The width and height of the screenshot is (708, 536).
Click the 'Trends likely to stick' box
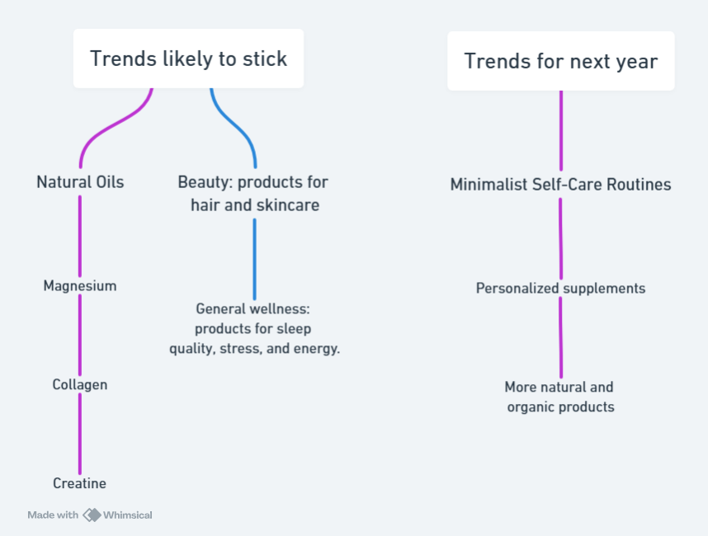pyautogui.click(x=188, y=59)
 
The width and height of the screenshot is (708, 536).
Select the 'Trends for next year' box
pyautogui.click(x=561, y=61)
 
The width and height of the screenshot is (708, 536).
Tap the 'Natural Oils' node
pyautogui.click(x=80, y=182)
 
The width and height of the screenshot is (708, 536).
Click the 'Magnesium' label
pyautogui.click(x=80, y=286)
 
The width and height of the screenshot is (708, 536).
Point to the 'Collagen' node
pyautogui.click(x=80, y=385)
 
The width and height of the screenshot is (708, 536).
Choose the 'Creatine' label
pyautogui.click(x=80, y=483)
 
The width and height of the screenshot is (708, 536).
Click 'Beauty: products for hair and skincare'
pyautogui.click(x=253, y=194)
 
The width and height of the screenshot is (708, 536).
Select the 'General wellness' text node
pyautogui.click(x=254, y=329)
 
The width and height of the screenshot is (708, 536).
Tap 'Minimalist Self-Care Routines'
pyautogui.click(x=561, y=185)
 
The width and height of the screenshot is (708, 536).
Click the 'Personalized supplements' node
pyautogui.click(x=561, y=289)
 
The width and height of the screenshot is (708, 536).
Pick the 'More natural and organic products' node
pyautogui.click(x=560, y=397)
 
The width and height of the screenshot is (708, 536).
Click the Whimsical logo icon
pyautogui.click(x=92, y=515)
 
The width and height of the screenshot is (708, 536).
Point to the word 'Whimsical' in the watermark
pyautogui.click(x=128, y=515)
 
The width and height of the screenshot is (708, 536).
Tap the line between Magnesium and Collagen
pyautogui.click(x=80, y=336)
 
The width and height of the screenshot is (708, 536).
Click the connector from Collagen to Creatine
pyautogui.click(x=80, y=434)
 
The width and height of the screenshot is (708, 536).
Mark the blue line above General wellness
pyautogui.click(x=255, y=260)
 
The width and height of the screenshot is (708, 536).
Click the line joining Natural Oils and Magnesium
pyautogui.click(x=80, y=237)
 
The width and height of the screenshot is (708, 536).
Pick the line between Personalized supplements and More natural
pyautogui.click(x=561, y=337)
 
